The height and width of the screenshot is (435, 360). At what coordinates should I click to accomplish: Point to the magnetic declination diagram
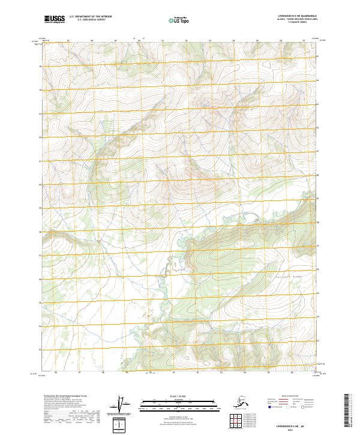(122, 405)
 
